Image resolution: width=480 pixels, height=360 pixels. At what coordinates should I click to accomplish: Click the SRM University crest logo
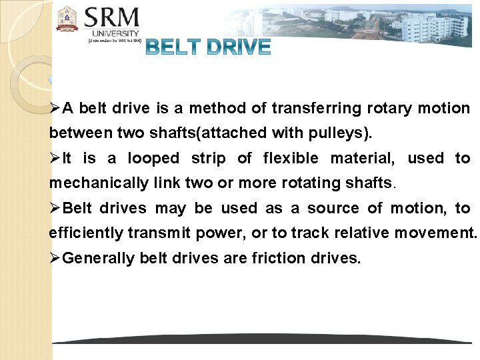67,19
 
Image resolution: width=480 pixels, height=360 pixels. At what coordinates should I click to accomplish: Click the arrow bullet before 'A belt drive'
55,109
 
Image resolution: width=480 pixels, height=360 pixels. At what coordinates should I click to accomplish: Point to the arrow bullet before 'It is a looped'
55,159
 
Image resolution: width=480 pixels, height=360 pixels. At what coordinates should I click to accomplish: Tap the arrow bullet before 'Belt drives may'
55,209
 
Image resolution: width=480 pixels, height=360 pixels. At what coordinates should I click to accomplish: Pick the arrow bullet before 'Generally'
55,259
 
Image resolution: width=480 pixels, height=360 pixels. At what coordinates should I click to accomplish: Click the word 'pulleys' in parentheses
339,133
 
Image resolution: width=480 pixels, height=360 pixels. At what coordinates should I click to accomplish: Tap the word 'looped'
153,159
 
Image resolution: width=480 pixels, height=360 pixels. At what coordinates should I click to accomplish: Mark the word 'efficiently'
87,233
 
